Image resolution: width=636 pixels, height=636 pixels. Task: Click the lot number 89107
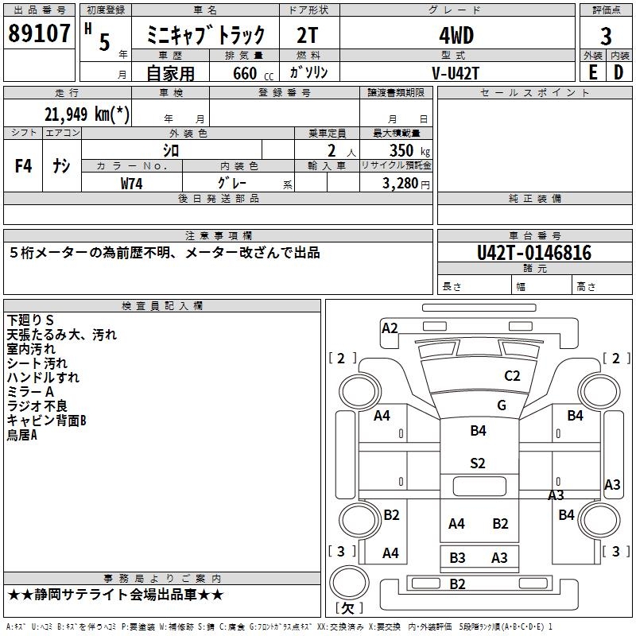[40, 33]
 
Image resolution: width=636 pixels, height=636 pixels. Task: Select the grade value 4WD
[456, 36]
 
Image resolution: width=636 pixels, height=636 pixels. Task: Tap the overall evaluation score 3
[606, 37]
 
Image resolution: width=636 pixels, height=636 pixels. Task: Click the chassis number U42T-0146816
[534, 253]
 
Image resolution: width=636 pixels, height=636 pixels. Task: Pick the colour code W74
[132, 183]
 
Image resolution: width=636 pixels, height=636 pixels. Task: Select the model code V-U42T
[456, 72]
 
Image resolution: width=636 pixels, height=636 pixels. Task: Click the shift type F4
[24, 166]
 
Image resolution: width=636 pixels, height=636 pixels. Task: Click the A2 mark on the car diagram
[390, 328]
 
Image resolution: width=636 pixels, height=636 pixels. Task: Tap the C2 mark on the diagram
[512, 376]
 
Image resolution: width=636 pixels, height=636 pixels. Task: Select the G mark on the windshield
[502, 405]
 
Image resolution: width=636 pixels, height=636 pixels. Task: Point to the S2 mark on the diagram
[477, 463]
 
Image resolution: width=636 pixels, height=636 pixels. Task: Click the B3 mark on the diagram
[457, 558]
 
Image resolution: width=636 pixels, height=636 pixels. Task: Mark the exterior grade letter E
[593, 72]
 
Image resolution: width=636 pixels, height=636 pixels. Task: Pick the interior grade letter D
[619, 72]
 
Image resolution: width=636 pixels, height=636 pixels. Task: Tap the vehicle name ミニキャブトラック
[205, 36]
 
